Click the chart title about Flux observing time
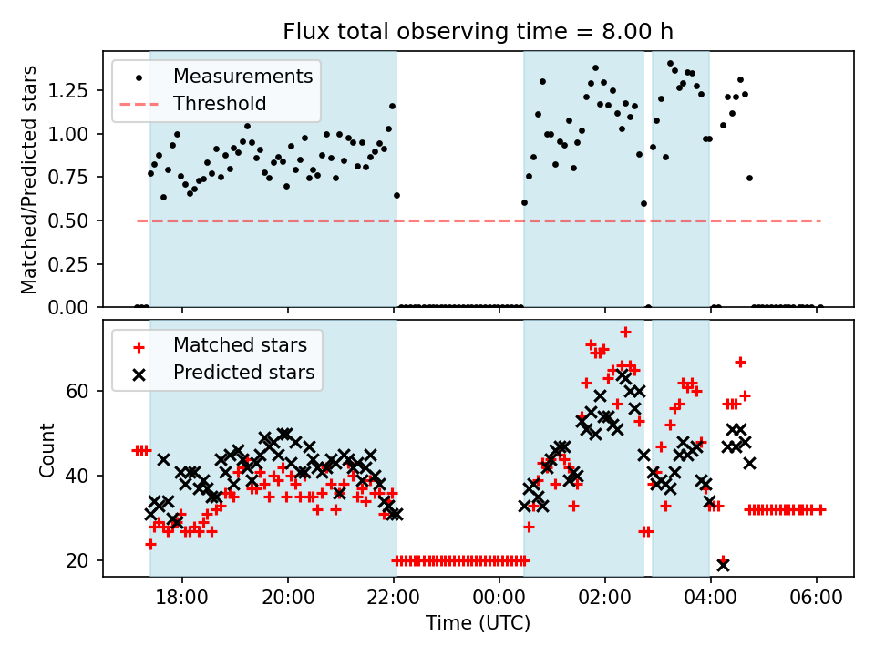coord(478,32)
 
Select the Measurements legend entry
coord(243,76)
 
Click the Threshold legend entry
coord(220,104)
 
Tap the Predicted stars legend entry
coord(243,373)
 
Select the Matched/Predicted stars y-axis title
coord(29,179)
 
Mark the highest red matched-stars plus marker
coord(625,332)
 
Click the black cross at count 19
coord(723,565)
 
